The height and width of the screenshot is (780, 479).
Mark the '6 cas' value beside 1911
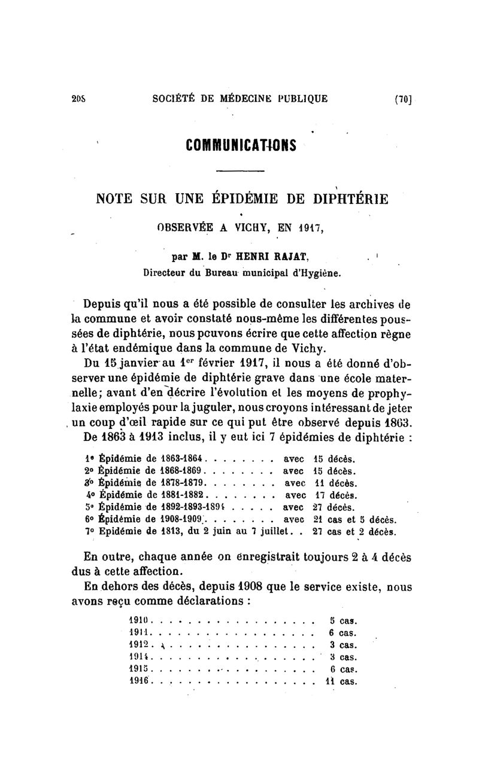pos(343,633)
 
